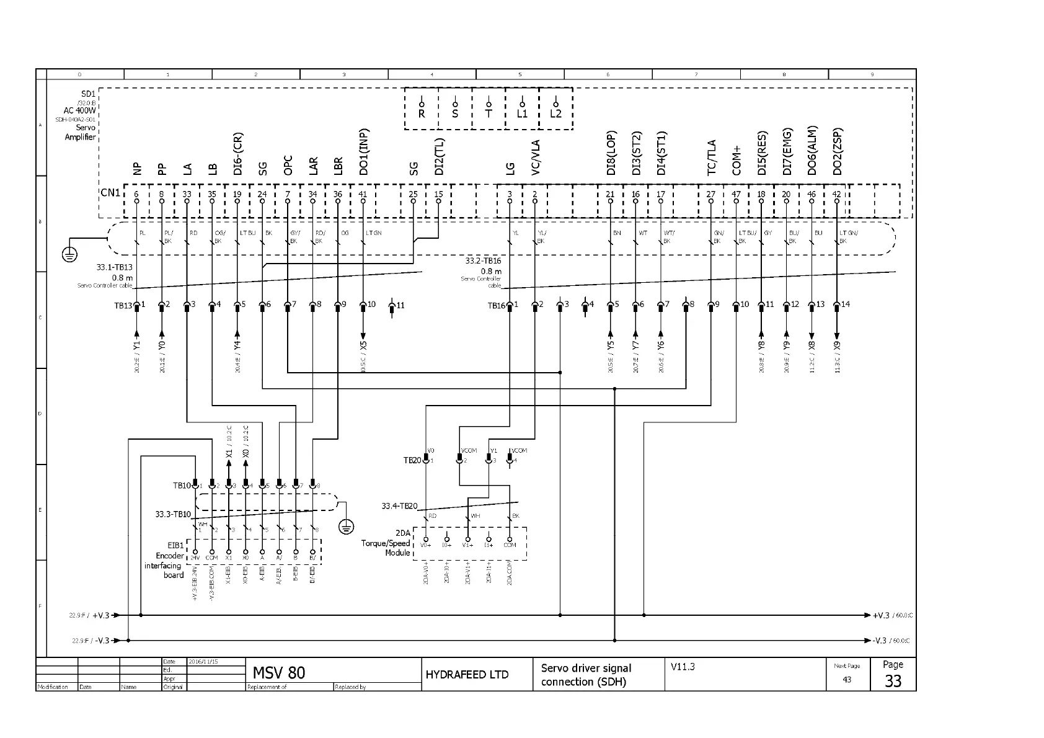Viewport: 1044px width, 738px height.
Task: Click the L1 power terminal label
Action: (x=522, y=114)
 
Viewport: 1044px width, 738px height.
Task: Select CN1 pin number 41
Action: (x=363, y=194)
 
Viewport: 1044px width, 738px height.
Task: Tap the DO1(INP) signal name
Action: (x=364, y=152)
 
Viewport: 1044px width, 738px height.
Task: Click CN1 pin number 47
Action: (x=736, y=194)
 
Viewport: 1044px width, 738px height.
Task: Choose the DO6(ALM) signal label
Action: (x=812, y=151)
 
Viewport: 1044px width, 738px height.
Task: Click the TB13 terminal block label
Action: (x=123, y=306)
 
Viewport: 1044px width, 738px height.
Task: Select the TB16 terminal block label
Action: (x=496, y=306)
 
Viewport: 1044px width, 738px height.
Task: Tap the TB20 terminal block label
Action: (x=412, y=461)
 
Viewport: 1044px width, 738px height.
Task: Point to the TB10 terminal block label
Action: (x=181, y=486)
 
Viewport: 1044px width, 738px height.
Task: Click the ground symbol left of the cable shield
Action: (x=70, y=254)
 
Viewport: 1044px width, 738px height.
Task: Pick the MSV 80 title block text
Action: (x=279, y=673)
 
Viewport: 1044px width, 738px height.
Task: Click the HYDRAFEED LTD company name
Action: (x=467, y=675)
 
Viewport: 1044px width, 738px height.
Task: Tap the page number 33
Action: (x=893, y=681)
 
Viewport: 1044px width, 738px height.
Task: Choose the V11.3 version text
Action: (x=683, y=667)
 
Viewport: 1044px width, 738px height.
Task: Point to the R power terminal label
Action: (x=422, y=114)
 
